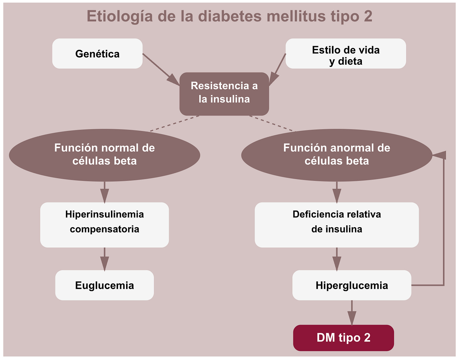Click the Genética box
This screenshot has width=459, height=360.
(x=97, y=54)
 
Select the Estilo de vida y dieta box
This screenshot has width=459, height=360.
(x=346, y=54)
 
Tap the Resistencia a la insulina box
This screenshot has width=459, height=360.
(x=224, y=94)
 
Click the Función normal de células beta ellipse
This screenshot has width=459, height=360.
(x=104, y=155)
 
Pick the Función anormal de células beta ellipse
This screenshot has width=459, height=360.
(x=336, y=155)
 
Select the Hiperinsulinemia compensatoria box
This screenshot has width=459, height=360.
(x=104, y=225)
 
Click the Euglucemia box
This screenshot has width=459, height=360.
(x=104, y=285)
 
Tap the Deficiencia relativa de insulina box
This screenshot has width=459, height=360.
(x=336, y=225)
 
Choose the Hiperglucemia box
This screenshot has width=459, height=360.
(x=352, y=285)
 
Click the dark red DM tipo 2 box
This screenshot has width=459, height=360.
(x=343, y=338)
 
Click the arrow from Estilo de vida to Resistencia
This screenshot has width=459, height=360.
(x=277, y=69)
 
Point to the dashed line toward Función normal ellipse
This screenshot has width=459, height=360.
(x=175, y=123)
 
